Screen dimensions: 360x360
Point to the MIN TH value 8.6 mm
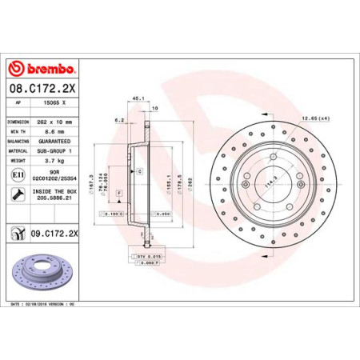tap(57, 130)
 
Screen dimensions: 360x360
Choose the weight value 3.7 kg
tap(56, 160)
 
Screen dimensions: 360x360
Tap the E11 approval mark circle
tap(17, 174)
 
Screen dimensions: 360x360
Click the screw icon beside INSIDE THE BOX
tap(17, 194)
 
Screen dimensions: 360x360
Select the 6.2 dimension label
tap(119, 120)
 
